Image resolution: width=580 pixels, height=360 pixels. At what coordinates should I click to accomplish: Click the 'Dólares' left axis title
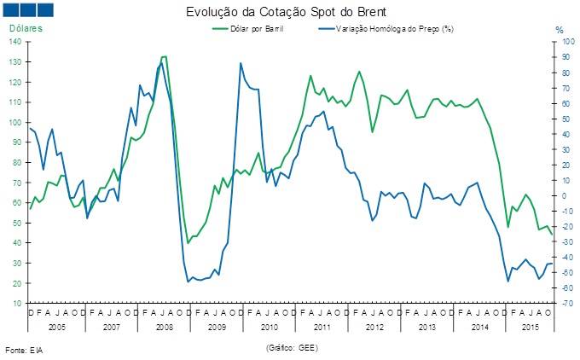26,29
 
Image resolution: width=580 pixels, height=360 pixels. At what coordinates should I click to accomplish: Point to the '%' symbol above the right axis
560,30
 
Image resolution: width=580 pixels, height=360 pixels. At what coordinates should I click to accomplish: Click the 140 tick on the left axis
16,42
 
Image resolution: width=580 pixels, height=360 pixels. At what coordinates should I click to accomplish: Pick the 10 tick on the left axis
18,303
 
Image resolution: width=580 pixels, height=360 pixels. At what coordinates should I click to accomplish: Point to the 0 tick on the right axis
561,195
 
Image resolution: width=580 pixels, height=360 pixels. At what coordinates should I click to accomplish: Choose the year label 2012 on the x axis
374,328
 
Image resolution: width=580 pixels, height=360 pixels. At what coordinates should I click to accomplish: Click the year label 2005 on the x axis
56,328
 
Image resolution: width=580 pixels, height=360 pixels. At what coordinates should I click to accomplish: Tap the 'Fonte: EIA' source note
23,350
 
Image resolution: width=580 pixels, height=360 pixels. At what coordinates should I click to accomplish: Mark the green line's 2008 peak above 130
163,56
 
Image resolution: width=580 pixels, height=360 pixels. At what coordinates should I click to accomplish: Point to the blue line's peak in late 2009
241,63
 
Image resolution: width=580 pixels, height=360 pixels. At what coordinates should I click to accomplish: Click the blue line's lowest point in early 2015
508,281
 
